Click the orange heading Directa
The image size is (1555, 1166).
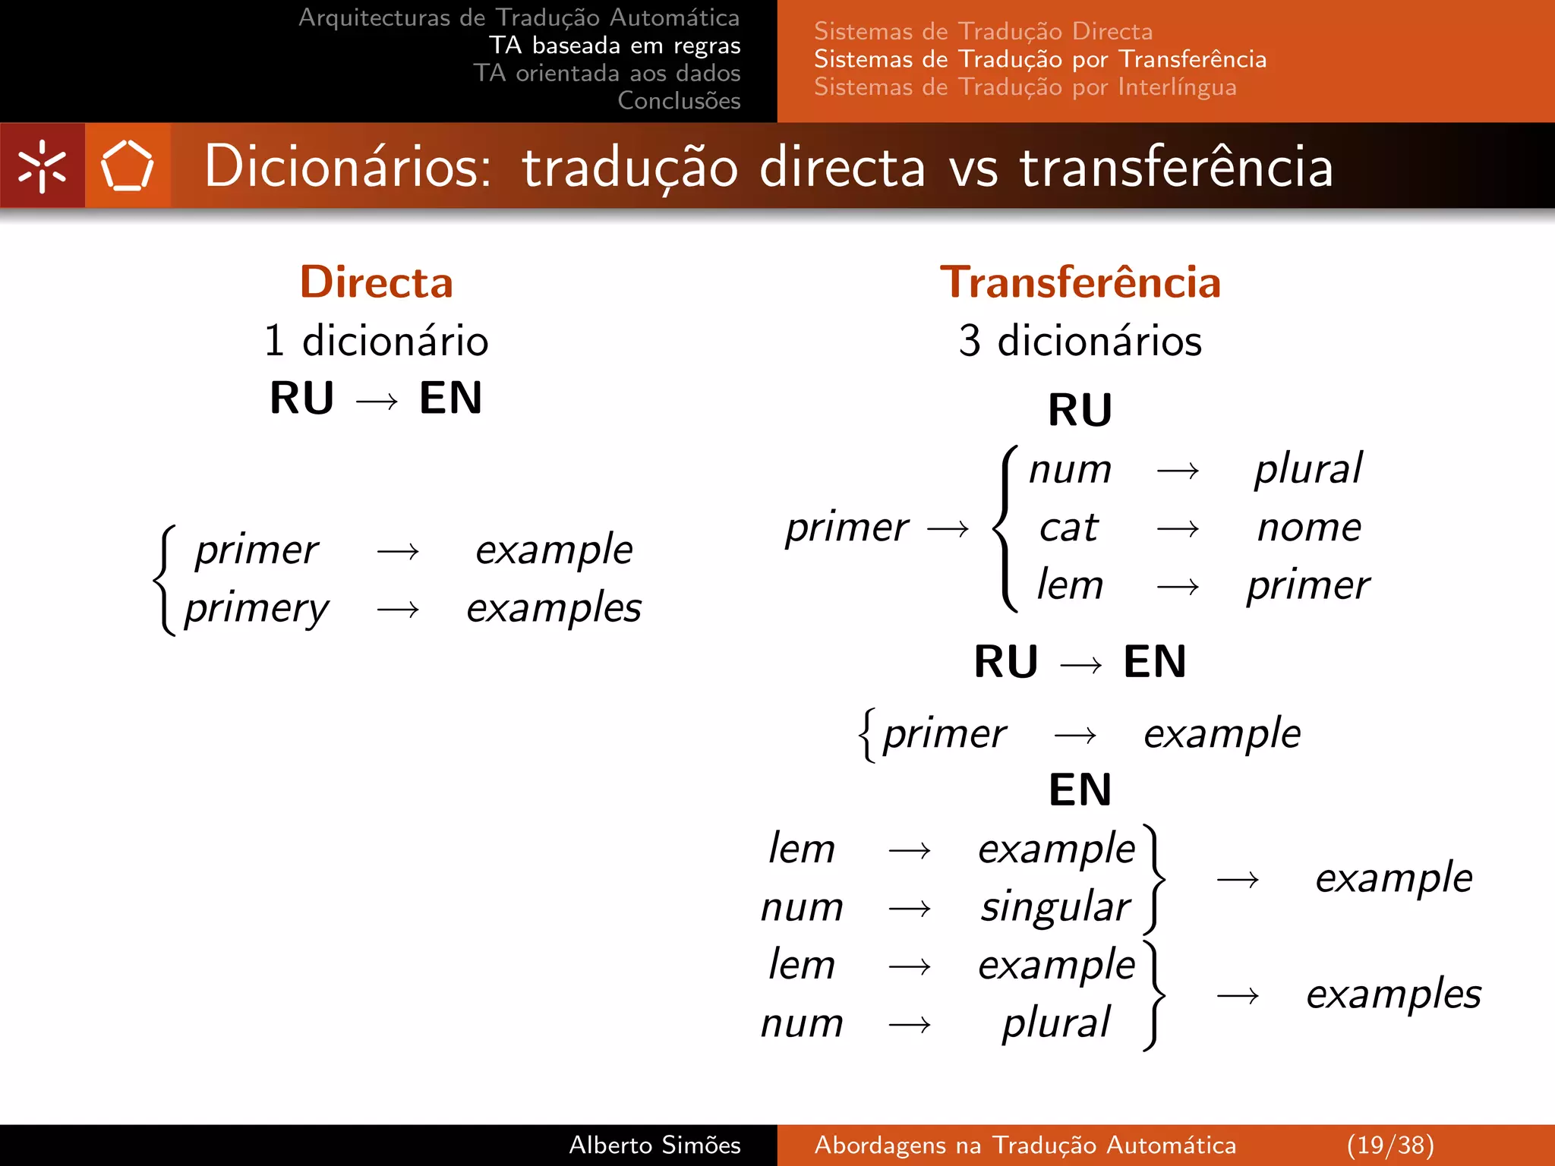click(377, 282)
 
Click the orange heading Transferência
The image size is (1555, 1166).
click(1080, 282)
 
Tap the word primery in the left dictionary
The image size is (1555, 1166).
click(257, 608)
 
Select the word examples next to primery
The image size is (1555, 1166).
click(554, 608)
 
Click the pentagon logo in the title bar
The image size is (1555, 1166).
click(127, 165)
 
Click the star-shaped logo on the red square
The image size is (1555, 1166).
click(43, 165)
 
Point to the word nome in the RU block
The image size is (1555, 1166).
click(1309, 527)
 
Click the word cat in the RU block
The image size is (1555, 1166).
click(1069, 527)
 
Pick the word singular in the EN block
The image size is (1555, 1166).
click(1055, 906)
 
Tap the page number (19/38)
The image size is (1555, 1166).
click(1390, 1145)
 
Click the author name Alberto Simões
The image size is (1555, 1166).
click(654, 1145)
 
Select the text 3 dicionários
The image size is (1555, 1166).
click(1080, 341)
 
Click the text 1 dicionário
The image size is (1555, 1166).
click(377, 341)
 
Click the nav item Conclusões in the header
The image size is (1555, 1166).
click(679, 100)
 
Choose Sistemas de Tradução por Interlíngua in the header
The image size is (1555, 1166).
click(1025, 87)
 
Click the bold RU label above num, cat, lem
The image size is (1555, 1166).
click(1080, 410)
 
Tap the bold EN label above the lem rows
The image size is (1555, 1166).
click(1080, 789)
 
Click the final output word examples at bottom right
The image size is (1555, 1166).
click(1393, 994)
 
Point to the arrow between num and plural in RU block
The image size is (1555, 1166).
click(1178, 471)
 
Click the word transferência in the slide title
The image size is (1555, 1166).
click(1175, 167)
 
